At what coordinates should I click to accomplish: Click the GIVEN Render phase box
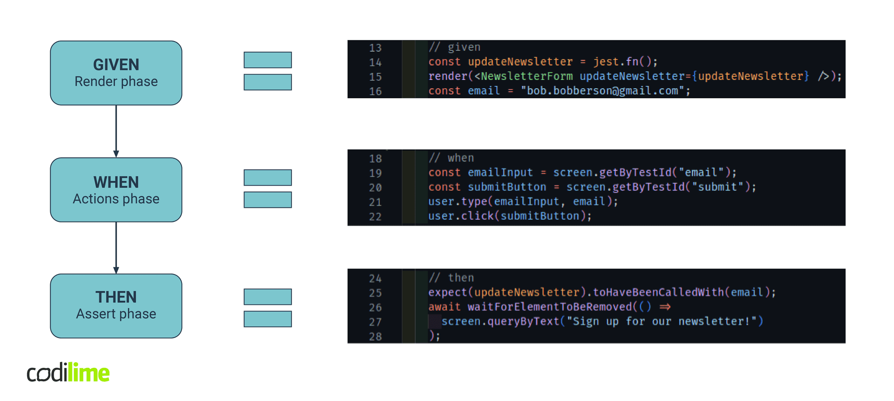(116, 73)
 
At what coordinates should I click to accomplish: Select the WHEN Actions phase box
(116, 190)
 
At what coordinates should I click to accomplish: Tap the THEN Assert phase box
(116, 306)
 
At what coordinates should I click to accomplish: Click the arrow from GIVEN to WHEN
(116, 131)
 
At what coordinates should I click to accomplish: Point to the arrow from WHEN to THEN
(116, 248)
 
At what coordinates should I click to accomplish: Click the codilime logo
(68, 373)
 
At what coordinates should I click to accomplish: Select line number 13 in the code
(375, 48)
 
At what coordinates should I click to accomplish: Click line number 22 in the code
(375, 217)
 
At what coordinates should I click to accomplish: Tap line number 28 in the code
(375, 337)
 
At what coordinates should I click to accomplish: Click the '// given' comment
(454, 47)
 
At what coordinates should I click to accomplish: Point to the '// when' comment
(451, 158)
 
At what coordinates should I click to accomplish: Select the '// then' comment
(451, 277)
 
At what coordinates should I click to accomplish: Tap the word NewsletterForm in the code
(527, 76)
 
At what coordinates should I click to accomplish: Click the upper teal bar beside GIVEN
(268, 60)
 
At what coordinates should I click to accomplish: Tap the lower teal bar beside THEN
(268, 319)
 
